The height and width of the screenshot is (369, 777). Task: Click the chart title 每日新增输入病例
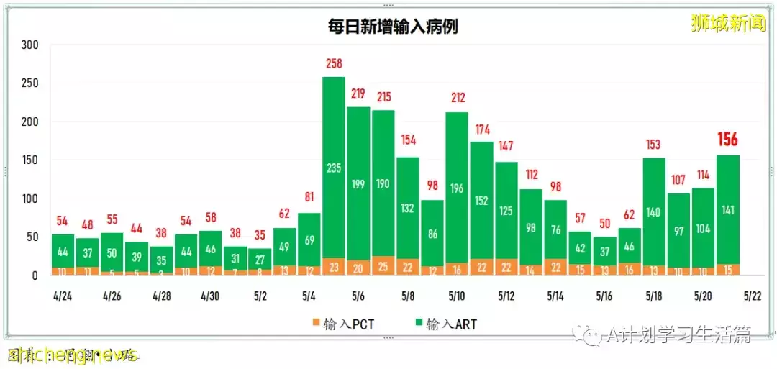coord(389,27)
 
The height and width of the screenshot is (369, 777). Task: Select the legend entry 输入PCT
coord(345,324)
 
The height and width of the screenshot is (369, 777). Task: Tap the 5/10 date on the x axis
coord(456,296)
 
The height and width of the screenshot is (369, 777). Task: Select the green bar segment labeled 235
coord(333,168)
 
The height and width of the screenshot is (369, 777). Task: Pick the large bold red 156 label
coord(727,139)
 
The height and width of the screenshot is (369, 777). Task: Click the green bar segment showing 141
coord(727,209)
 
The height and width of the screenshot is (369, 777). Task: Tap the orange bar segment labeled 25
coord(383,266)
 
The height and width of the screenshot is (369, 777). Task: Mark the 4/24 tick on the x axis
coord(63,296)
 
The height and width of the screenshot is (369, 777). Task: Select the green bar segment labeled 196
coord(456,188)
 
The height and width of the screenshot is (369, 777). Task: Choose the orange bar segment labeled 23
coord(333,267)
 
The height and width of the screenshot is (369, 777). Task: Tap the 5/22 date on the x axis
coord(752,296)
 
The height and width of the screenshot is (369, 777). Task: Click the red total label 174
coord(481,129)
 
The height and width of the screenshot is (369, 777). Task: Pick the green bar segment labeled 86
coord(432,234)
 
